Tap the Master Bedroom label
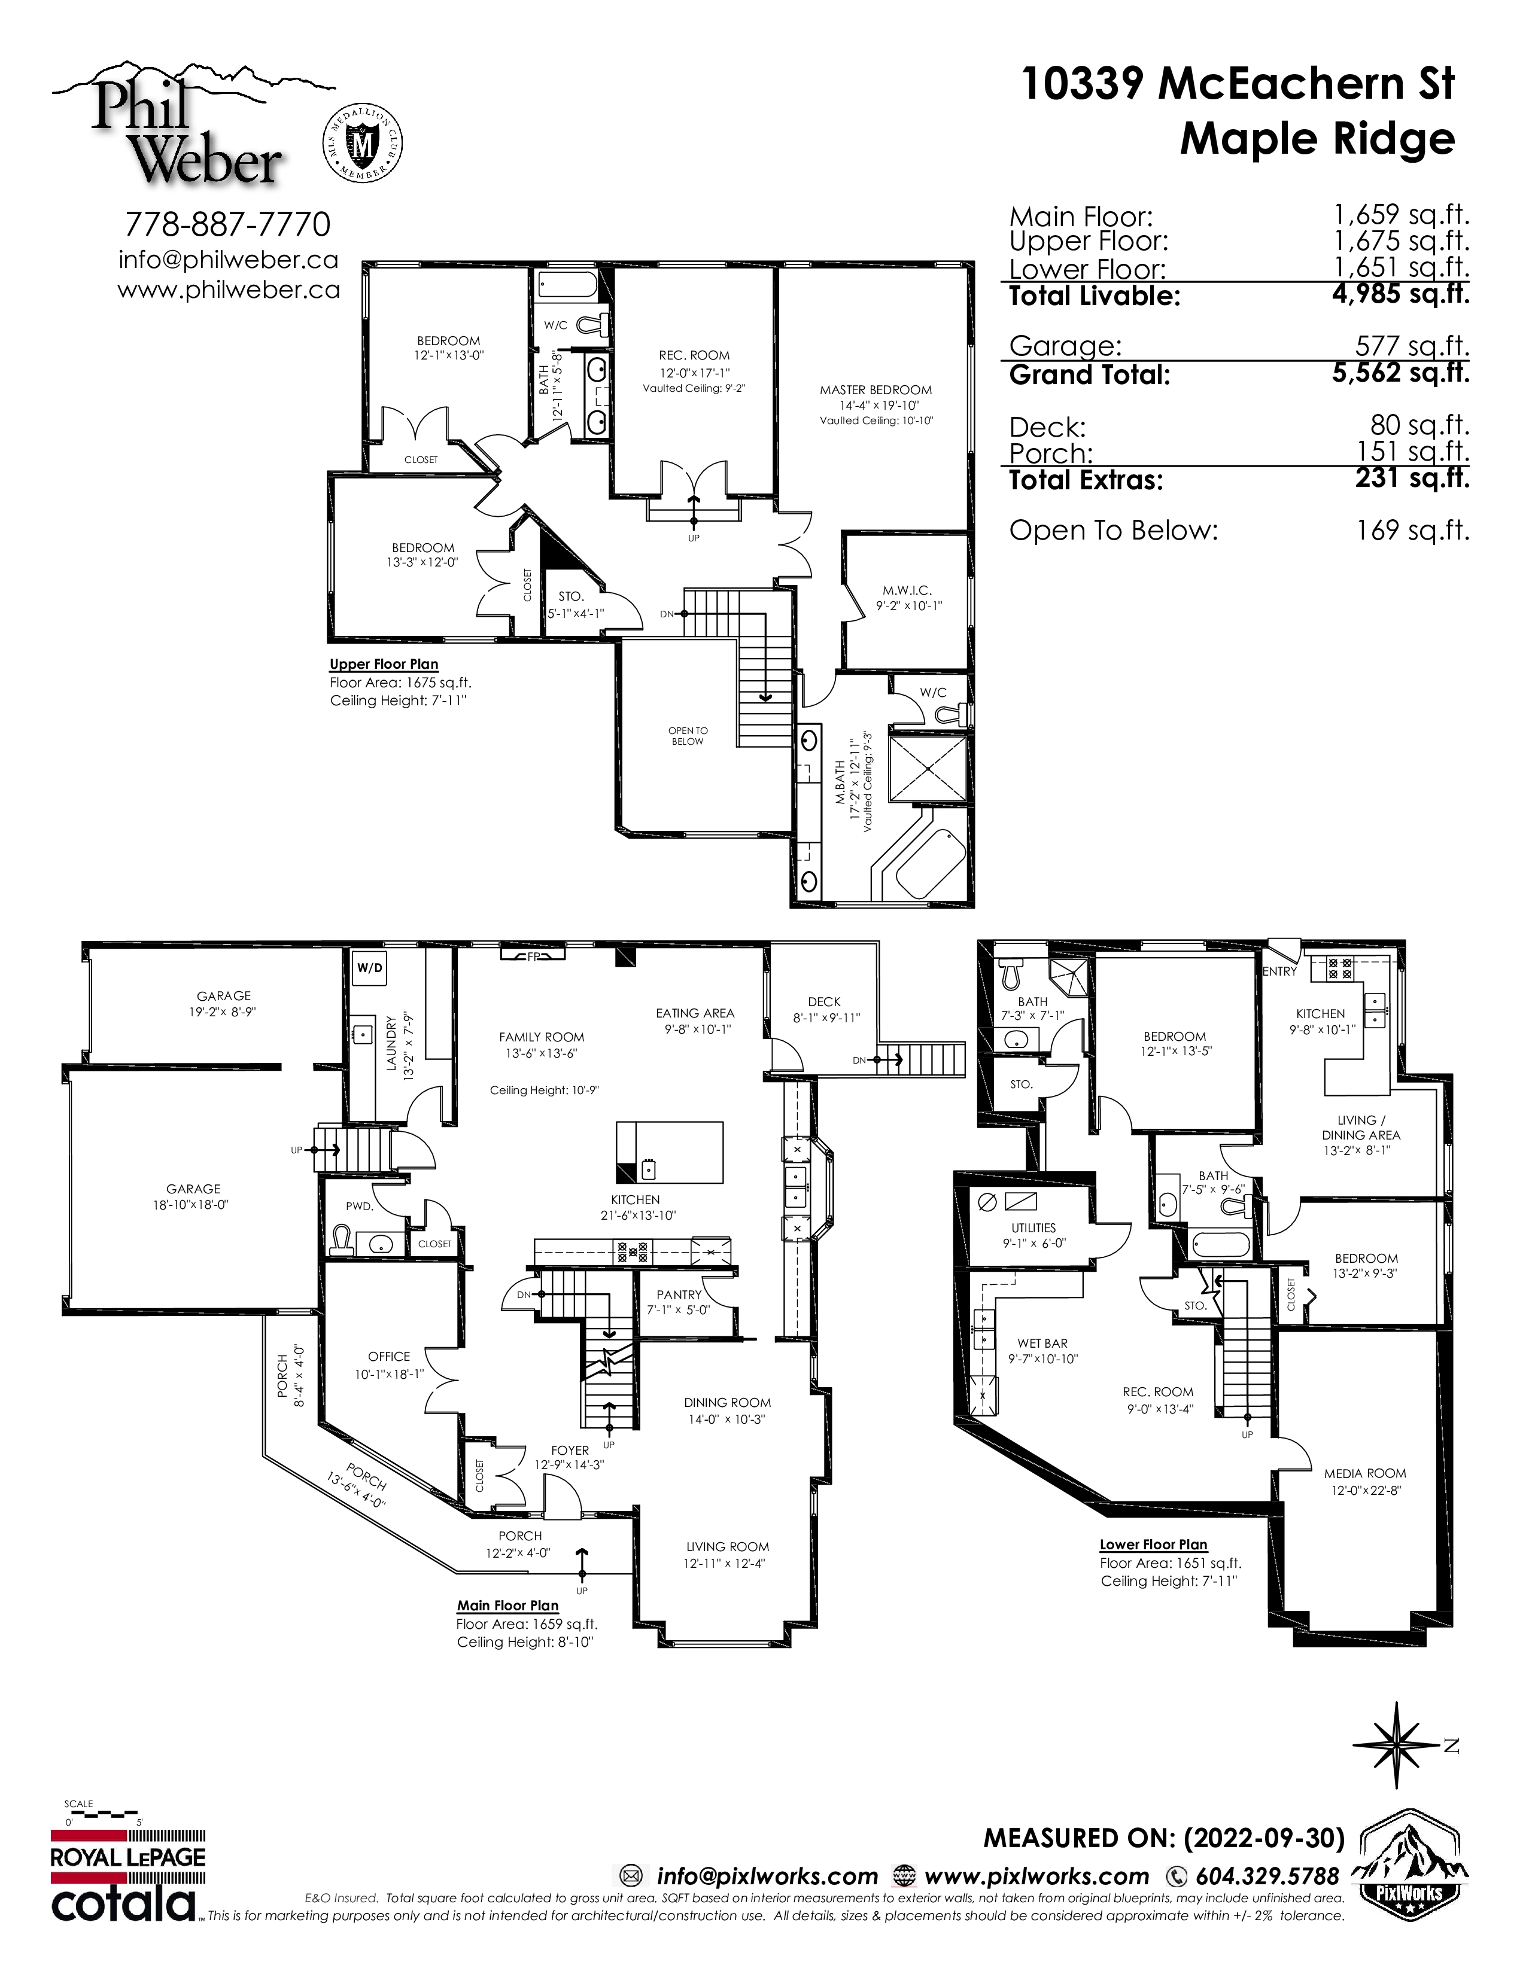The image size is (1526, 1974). (x=875, y=391)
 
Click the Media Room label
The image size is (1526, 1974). (x=1365, y=1473)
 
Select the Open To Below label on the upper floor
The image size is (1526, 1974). (x=688, y=736)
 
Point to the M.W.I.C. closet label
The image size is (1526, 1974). (x=907, y=590)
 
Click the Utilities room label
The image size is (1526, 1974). (x=1033, y=1227)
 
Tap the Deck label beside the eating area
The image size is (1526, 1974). (x=825, y=1001)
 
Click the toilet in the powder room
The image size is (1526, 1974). (x=342, y=1239)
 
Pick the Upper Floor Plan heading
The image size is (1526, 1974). (x=384, y=665)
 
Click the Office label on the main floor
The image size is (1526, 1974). (x=389, y=1357)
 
